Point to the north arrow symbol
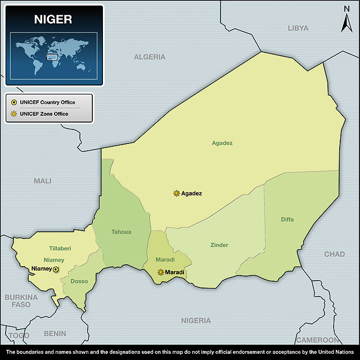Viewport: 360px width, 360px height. click(x=346, y=21)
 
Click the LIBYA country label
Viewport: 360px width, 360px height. click(x=298, y=28)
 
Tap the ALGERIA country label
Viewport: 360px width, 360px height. click(x=150, y=57)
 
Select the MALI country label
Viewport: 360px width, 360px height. click(x=42, y=181)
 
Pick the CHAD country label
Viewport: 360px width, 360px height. click(x=335, y=254)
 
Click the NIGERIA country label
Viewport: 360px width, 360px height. click(x=196, y=321)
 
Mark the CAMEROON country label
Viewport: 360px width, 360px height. click(x=318, y=340)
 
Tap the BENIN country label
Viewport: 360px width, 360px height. click(x=55, y=334)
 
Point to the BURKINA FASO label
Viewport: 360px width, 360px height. click(x=21, y=300)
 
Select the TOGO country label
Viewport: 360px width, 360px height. click(x=19, y=335)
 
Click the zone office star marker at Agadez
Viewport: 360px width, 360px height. click(x=177, y=193)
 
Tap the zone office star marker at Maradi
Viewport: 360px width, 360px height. click(x=161, y=272)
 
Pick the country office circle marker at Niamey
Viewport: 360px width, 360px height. click(x=55, y=269)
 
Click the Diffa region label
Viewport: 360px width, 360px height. click(x=287, y=219)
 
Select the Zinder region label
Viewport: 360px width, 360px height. click(x=219, y=245)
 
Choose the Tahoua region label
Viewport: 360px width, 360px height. click(x=121, y=232)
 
